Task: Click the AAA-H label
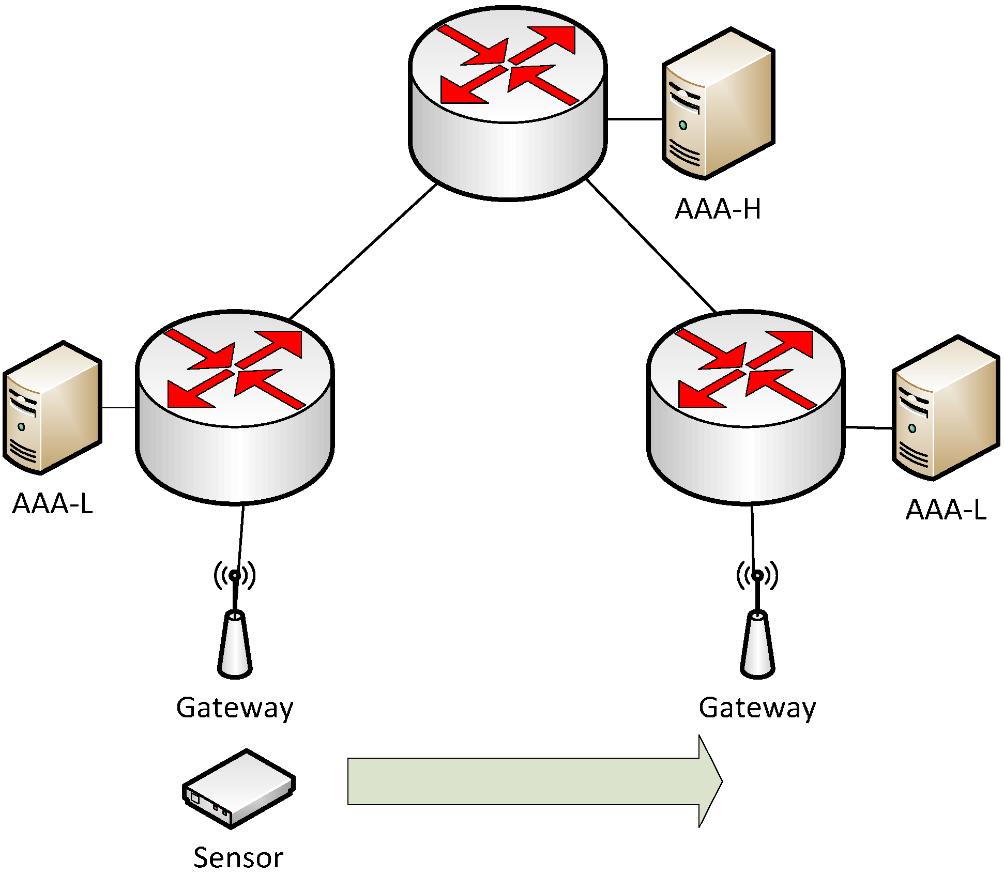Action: click(718, 209)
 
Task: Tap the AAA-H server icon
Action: click(719, 103)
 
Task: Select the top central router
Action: click(508, 103)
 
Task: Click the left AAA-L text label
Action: click(53, 503)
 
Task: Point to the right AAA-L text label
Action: click(946, 510)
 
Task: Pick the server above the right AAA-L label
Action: click(946, 408)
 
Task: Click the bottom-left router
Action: click(235, 407)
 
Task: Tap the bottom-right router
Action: click(746, 407)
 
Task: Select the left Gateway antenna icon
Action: click(235, 620)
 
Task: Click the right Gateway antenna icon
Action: click(757, 620)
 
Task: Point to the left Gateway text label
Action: click(235, 708)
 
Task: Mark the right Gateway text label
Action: click(757, 708)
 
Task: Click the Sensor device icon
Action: click(239, 789)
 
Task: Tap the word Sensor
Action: click(238, 858)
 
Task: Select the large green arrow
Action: click(535, 781)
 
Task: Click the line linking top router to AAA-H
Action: click(635, 119)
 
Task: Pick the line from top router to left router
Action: click(363, 252)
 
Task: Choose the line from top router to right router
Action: click(651, 245)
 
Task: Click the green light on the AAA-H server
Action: click(683, 125)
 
